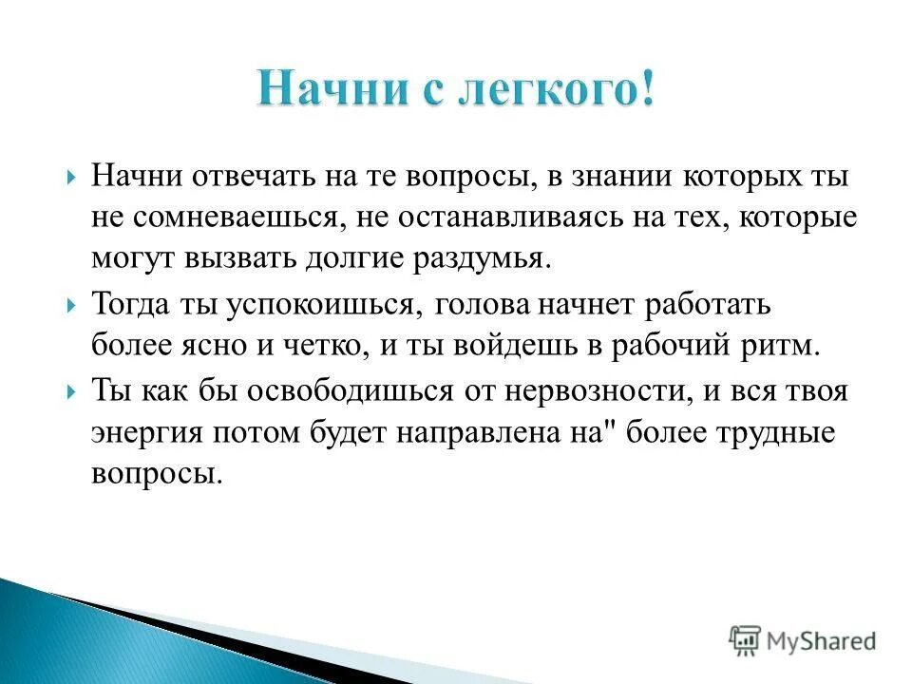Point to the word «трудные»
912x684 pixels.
click(775, 432)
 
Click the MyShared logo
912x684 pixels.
click(803, 640)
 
